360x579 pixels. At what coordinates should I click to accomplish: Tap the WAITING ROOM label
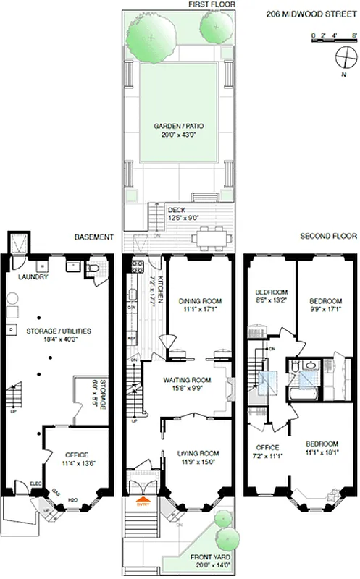tap(186, 380)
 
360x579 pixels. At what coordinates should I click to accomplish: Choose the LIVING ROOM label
tap(198, 453)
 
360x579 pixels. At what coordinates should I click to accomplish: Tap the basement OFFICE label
tap(76, 455)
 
